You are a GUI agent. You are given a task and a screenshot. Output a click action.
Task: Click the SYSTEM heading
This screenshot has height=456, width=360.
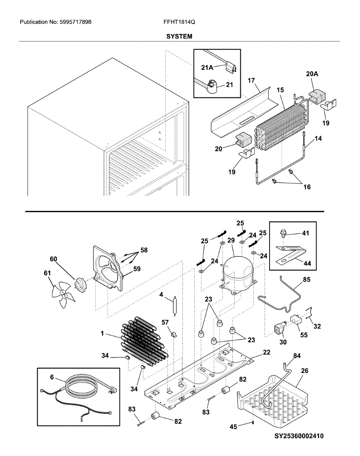pyautogui.click(x=179, y=36)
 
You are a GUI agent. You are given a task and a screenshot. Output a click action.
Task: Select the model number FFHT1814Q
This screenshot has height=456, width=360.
pyautogui.click(x=179, y=22)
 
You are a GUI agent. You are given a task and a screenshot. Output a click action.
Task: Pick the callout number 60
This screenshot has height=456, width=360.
pyautogui.click(x=54, y=259)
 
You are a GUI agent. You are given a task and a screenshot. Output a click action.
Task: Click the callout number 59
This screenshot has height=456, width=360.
pyautogui.click(x=137, y=269)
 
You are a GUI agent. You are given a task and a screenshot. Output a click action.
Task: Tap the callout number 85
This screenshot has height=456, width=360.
pyautogui.click(x=306, y=280)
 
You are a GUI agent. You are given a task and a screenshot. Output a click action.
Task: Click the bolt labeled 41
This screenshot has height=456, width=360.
pyautogui.click(x=282, y=233)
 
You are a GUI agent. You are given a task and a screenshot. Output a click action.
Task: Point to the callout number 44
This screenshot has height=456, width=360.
pyautogui.click(x=307, y=263)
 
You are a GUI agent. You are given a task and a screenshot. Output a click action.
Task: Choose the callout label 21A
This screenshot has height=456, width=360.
pyautogui.click(x=207, y=68)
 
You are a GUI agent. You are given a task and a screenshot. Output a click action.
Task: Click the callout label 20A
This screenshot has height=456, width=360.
pyautogui.click(x=312, y=74)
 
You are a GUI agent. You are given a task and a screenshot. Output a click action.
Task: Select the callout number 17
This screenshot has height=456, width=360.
pyautogui.click(x=251, y=81)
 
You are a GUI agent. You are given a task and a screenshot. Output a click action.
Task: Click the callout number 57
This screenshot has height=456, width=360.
pyautogui.click(x=165, y=322)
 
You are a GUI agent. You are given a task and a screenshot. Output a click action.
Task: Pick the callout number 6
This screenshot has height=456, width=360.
pyautogui.click(x=52, y=377)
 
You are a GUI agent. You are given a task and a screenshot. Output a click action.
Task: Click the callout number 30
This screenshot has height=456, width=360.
pyautogui.click(x=283, y=342)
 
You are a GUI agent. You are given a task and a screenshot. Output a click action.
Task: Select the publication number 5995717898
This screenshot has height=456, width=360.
pyautogui.click(x=76, y=22)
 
